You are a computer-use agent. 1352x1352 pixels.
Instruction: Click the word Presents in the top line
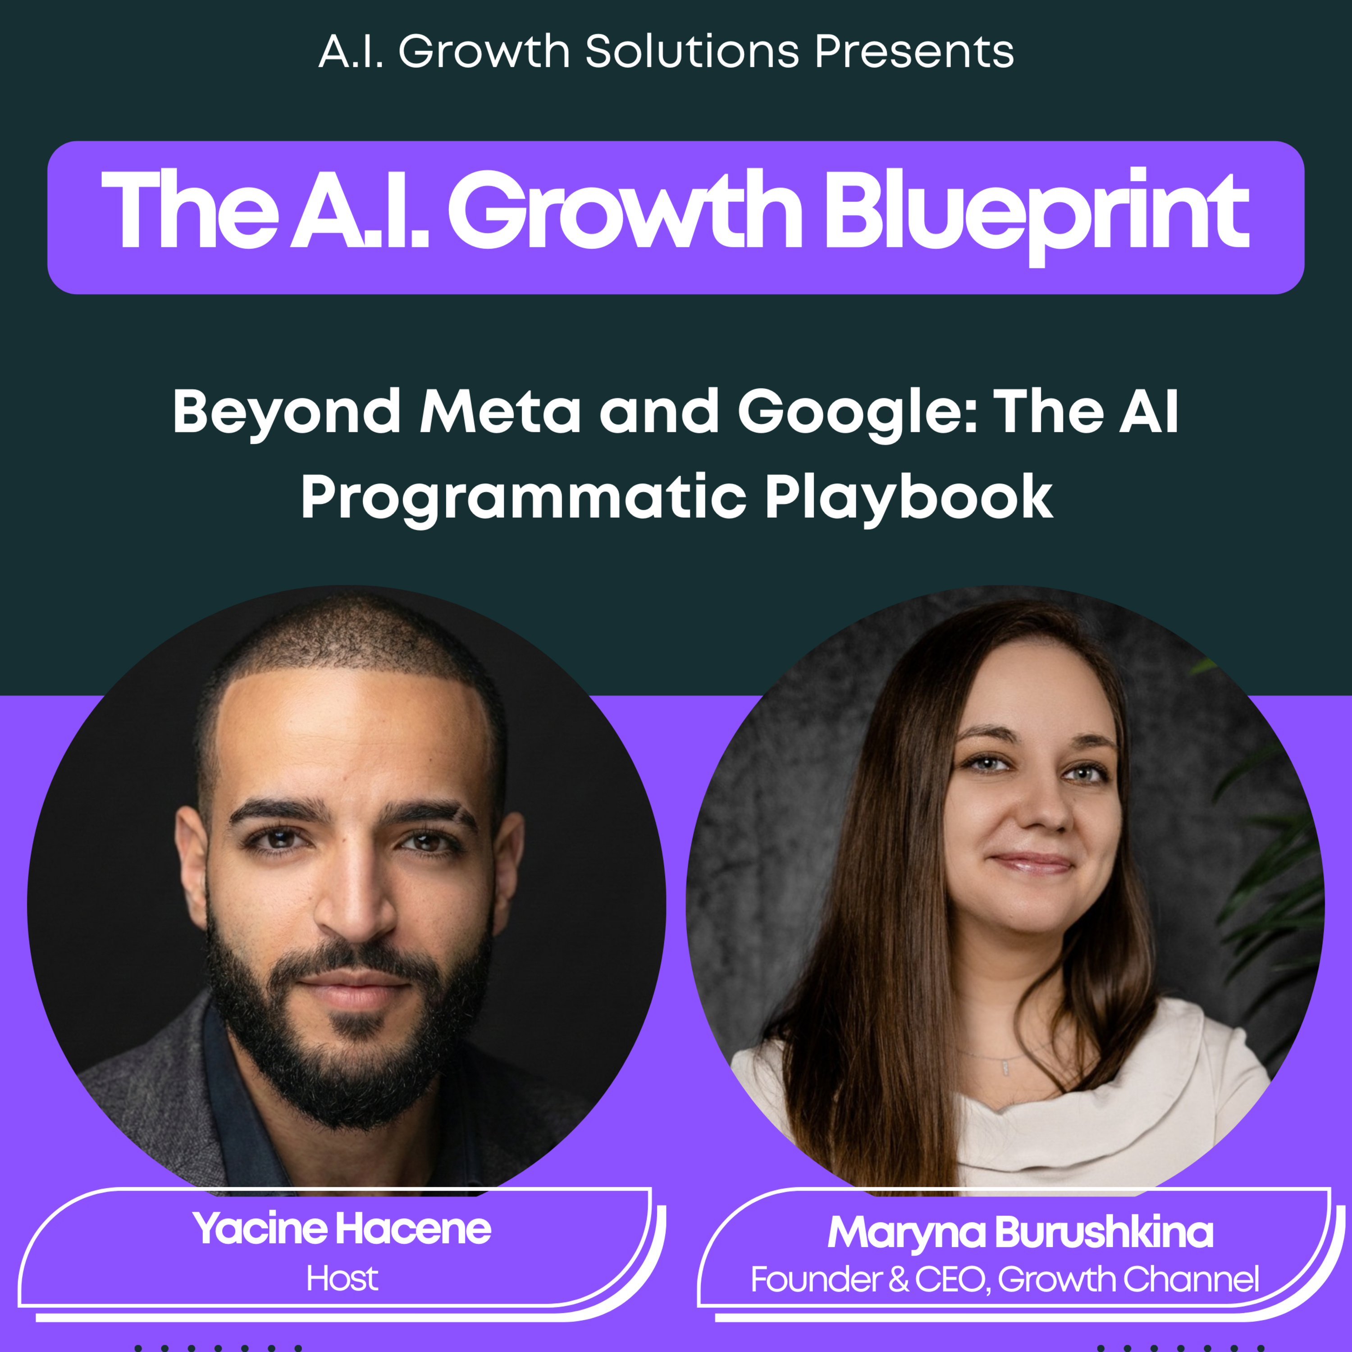coord(914,52)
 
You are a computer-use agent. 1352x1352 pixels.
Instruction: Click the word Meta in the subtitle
coord(500,412)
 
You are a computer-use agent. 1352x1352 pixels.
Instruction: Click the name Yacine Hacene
coord(342,1229)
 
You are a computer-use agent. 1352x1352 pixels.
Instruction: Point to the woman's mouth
coord(1032,863)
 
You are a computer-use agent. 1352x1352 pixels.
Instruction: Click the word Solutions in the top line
coord(692,52)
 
